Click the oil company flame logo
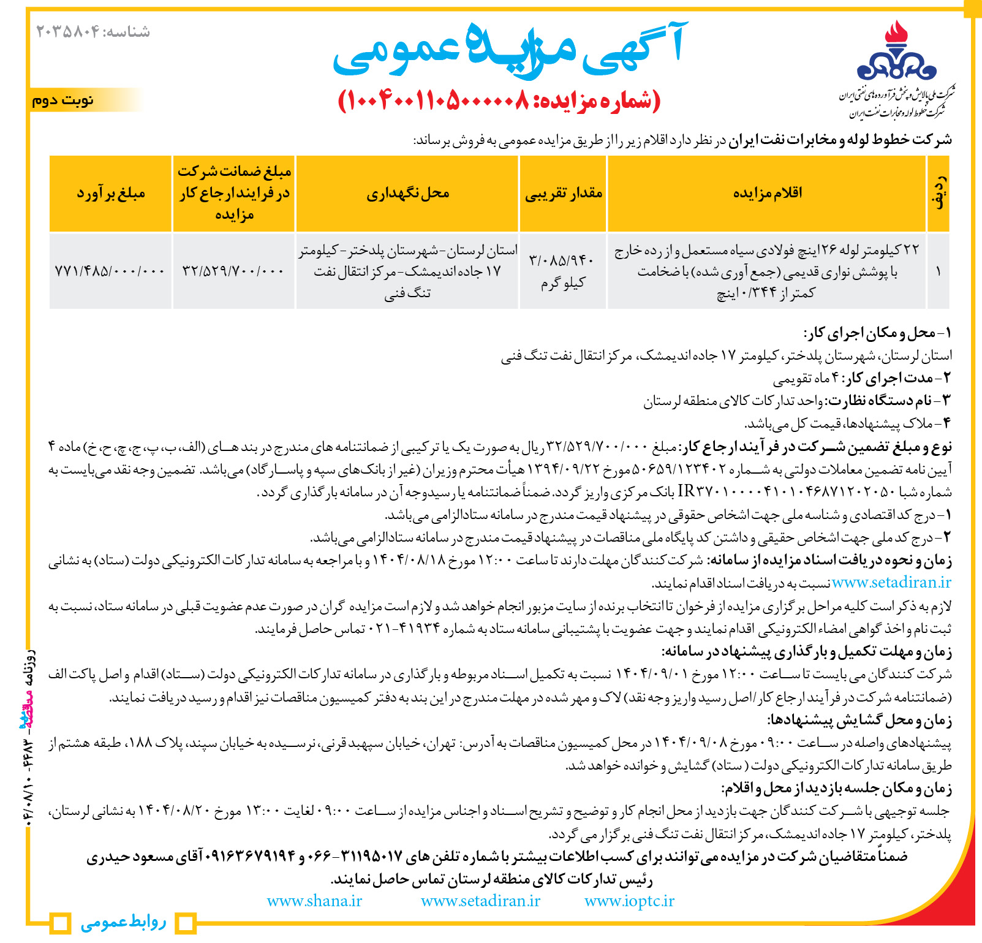pyautogui.click(x=896, y=52)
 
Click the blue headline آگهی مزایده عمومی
pyautogui.click(x=508, y=50)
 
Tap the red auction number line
pyautogui.click(x=499, y=101)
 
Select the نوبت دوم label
pyautogui.click(x=62, y=100)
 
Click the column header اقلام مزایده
pyautogui.click(x=767, y=194)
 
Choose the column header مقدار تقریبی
pyautogui.click(x=563, y=194)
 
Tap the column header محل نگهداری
pyautogui.click(x=407, y=194)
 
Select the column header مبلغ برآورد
pyautogui.click(x=111, y=194)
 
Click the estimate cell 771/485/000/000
pyautogui.click(x=110, y=270)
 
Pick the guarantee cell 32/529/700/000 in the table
pyautogui.click(x=233, y=270)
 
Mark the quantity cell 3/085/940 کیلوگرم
pyautogui.click(x=563, y=270)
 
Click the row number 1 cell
pyautogui.click(x=938, y=270)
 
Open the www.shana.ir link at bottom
pyautogui.click(x=314, y=901)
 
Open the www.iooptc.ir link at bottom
pyautogui.click(x=629, y=901)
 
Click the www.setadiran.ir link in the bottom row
pyautogui.click(x=480, y=901)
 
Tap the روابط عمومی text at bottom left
pyautogui.click(x=123, y=922)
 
